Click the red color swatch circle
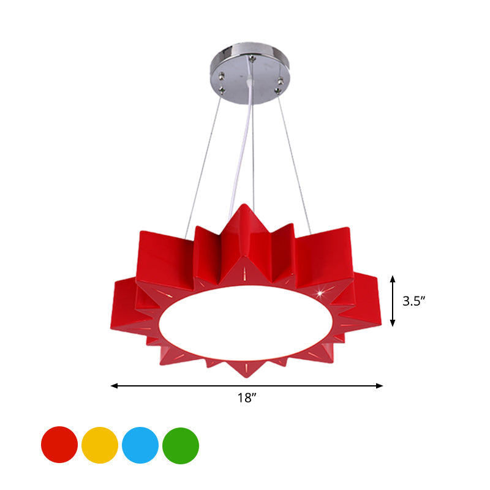click(59, 445)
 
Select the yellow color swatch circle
click(100, 445)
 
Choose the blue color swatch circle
click(140, 445)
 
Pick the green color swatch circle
click(181, 446)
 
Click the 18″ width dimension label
click(247, 398)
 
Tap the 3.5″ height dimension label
click(414, 301)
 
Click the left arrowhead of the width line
click(115, 386)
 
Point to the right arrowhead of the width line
click(379, 386)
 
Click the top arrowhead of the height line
click(393, 279)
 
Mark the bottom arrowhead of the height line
click(393, 323)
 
